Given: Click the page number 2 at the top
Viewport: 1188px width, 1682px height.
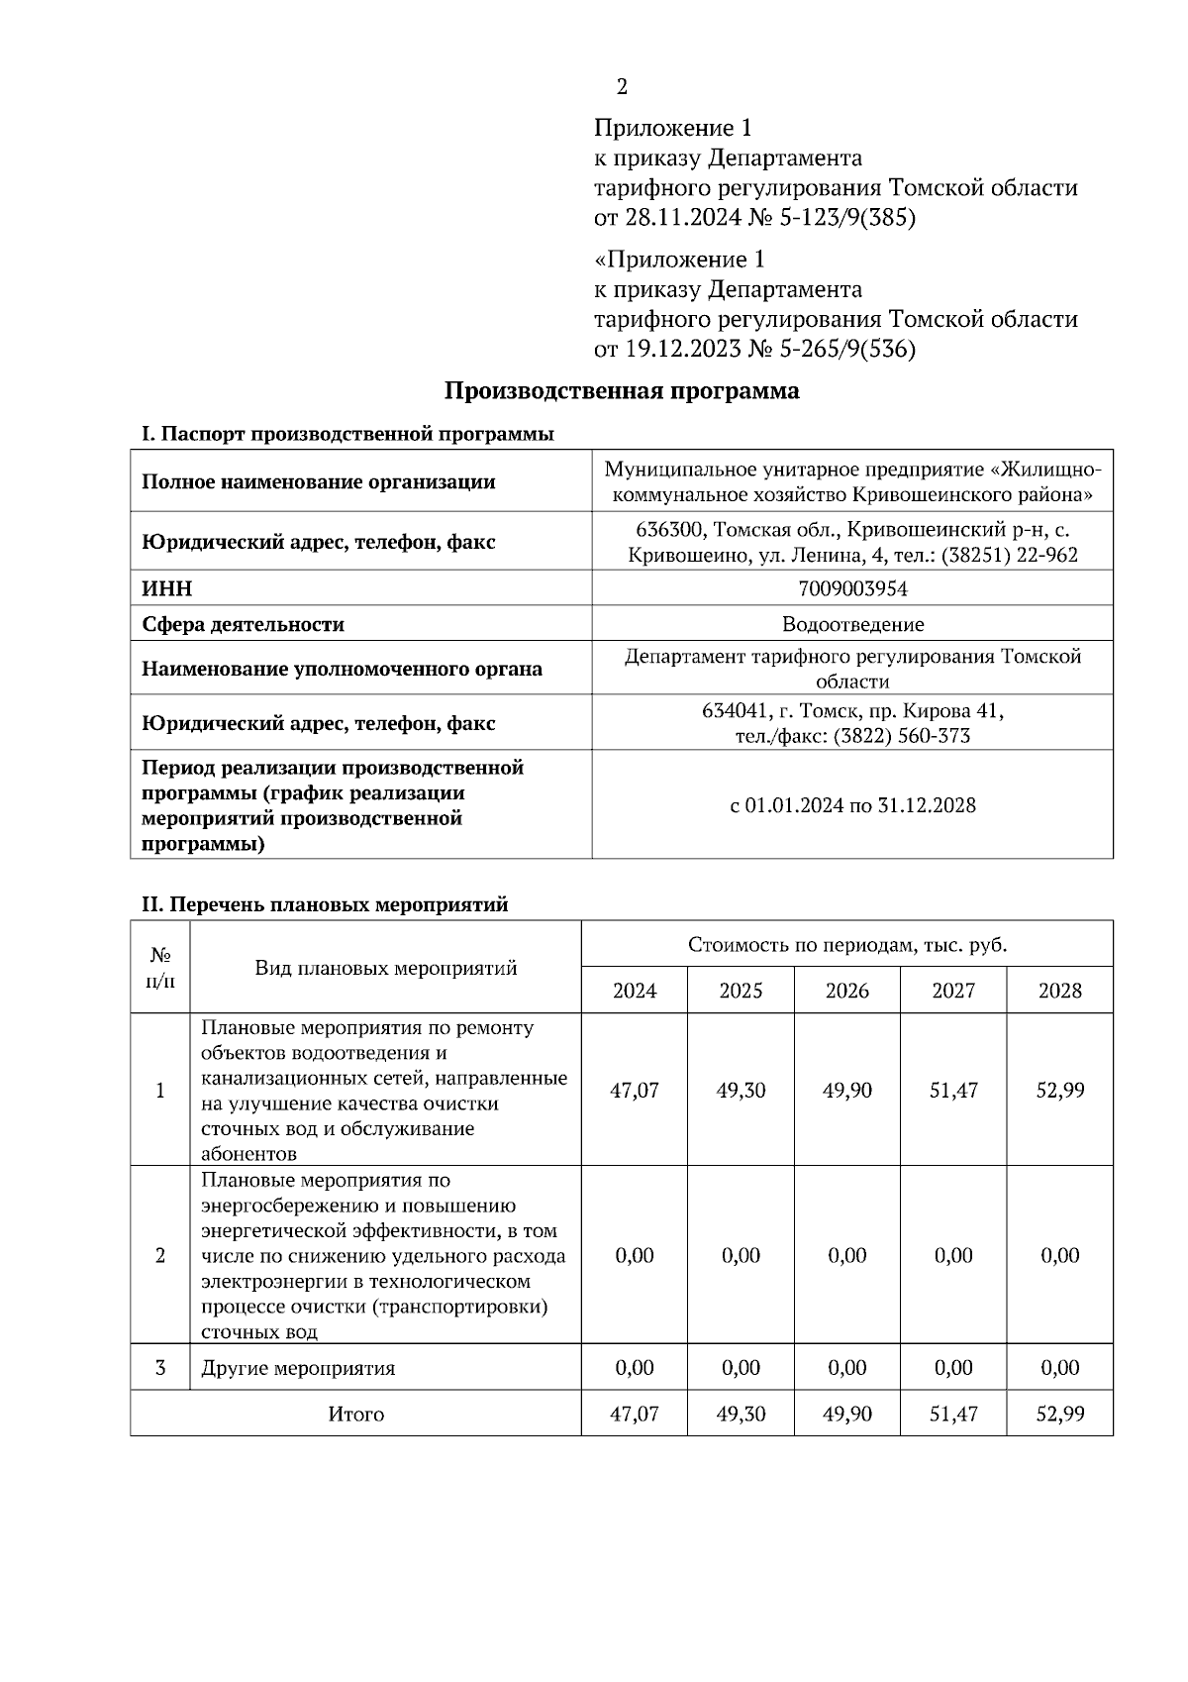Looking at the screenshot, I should pyautogui.click(x=622, y=88).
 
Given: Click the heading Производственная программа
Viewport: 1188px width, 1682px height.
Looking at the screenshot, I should pyautogui.click(x=621, y=391).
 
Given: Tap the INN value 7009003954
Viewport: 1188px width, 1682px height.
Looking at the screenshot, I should pyautogui.click(x=852, y=589).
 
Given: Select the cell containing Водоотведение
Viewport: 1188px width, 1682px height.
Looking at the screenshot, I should pyautogui.click(x=852, y=625).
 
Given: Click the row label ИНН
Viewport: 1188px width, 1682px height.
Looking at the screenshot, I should pyautogui.click(x=167, y=589).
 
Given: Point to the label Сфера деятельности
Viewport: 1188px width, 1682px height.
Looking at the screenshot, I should pyautogui.click(x=243, y=625).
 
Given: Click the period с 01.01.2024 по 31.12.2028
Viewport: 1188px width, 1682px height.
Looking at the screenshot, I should pyautogui.click(x=852, y=805).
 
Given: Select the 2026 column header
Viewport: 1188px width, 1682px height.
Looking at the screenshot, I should pyautogui.click(x=846, y=991).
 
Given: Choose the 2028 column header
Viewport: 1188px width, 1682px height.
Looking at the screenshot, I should pyautogui.click(x=1059, y=991).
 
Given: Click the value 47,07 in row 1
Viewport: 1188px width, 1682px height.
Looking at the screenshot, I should pyautogui.click(x=634, y=1091).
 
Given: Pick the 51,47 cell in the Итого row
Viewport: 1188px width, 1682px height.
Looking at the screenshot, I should pyautogui.click(x=953, y=1415).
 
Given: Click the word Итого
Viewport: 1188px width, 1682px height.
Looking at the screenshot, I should pyautogui.click(x=355, y=1415).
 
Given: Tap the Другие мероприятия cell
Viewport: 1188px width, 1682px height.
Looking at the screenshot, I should pyautogui.click(x=298, y=1369).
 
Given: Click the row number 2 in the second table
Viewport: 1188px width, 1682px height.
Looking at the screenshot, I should pyautogui.click(x=160, y=1256).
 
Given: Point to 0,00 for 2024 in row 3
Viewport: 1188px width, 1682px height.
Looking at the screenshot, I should pyautogui.click(x=634, y=1368).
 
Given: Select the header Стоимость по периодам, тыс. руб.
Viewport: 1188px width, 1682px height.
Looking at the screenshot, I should pyautogui.click(x=846, y=945).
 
